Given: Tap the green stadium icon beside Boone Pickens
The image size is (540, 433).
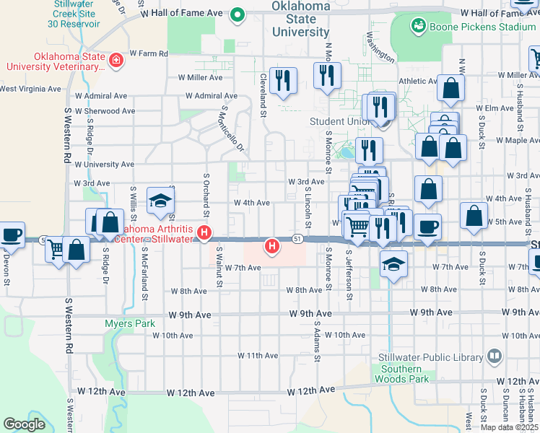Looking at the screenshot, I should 418,27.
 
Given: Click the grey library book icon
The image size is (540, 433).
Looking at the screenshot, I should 495,357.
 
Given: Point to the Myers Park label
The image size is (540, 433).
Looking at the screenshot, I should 129,323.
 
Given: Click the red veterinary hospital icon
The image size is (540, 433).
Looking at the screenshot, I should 116,60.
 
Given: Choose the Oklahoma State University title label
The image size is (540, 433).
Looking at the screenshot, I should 301,19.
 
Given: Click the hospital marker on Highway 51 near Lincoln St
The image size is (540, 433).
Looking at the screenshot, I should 272,247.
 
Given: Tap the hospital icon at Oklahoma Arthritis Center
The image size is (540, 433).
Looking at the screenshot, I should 204,233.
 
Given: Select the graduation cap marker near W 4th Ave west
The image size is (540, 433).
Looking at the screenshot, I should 160,201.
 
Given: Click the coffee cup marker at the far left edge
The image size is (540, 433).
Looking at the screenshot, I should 12,234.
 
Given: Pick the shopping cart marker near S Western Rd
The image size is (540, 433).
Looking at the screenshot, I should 56,250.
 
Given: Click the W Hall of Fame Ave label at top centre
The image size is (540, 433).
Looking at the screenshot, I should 183,14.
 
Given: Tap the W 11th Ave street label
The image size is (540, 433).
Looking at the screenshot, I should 258,356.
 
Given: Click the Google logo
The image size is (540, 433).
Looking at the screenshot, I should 24,424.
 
